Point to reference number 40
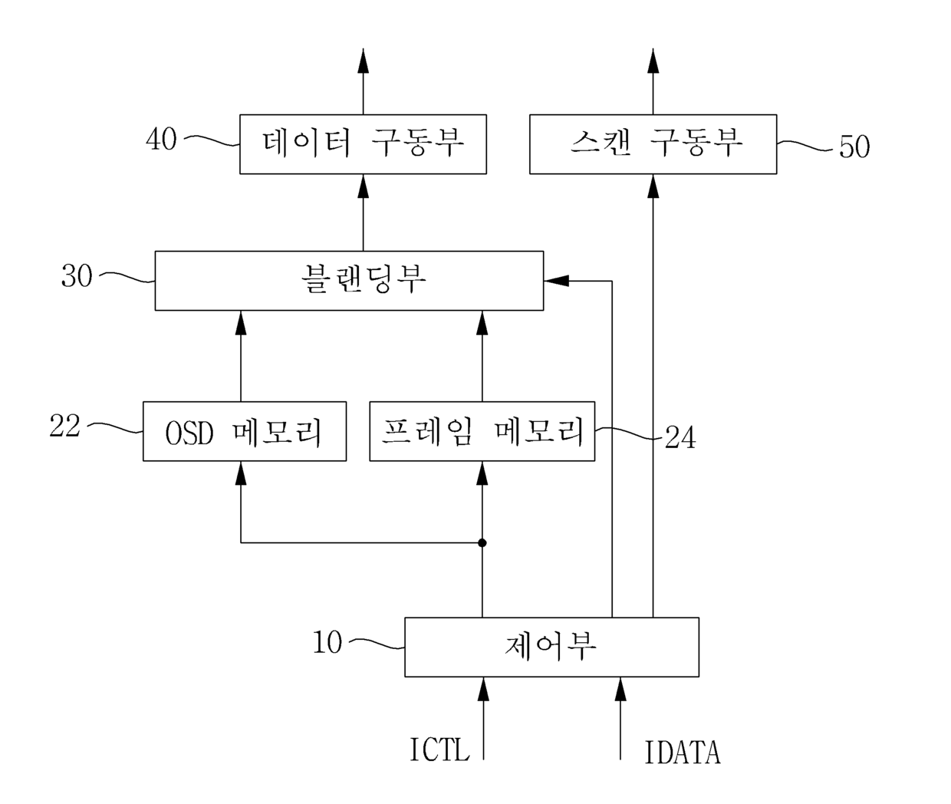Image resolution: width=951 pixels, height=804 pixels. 162,139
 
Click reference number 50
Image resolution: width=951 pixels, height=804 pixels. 854,147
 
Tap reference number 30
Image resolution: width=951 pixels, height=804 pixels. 77,275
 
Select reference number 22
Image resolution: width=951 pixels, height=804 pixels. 65,425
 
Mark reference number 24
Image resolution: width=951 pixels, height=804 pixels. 680,437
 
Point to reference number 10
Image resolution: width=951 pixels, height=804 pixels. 327,642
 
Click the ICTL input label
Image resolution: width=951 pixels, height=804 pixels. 440,750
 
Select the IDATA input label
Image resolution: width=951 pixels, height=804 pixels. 683,753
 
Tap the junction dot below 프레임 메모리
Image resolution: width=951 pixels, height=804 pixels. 482,543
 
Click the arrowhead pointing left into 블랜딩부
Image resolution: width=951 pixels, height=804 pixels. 556,280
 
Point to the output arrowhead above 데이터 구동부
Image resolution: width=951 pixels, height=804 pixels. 364,61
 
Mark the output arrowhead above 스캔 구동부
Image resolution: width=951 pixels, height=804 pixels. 653,61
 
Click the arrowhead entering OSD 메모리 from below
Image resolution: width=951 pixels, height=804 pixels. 241,473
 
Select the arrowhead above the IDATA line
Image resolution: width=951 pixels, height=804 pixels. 620,690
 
